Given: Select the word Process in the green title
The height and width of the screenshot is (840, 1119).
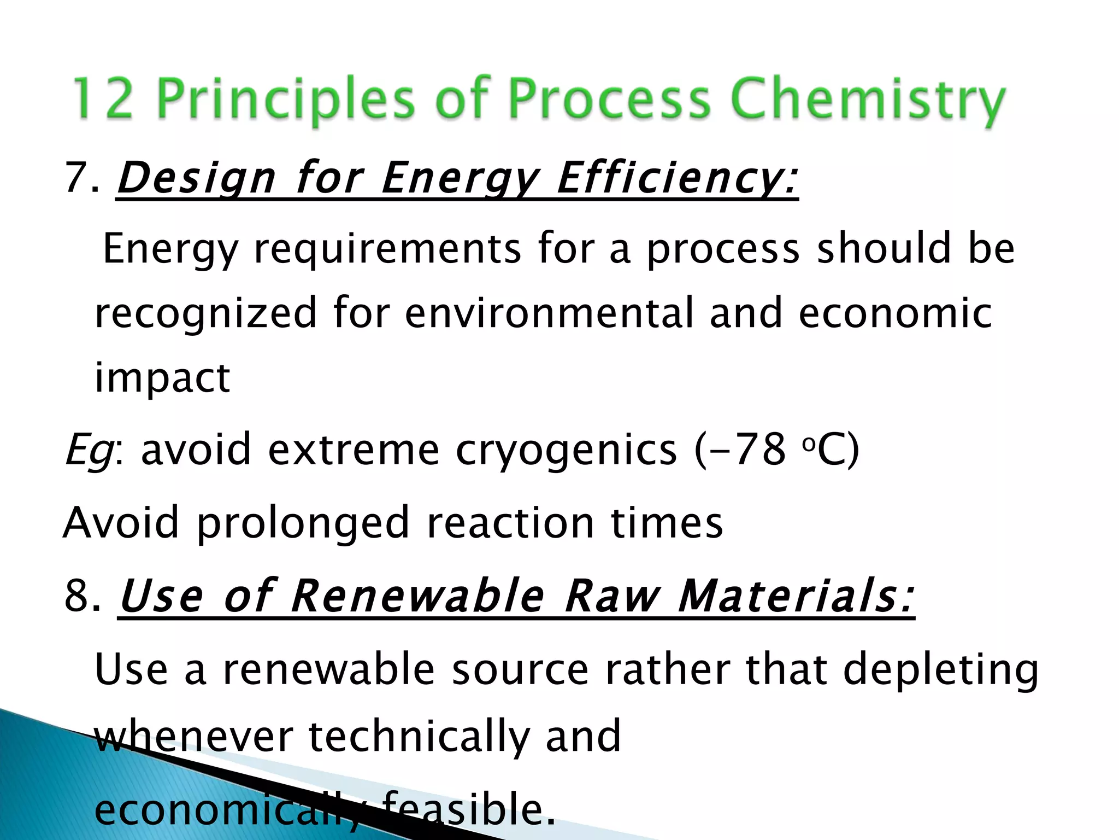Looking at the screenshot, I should [x=610, y=100].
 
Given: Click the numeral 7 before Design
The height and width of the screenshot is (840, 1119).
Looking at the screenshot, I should [x=76, y=178].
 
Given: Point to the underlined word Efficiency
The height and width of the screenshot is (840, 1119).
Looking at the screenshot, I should [x=678, y=179].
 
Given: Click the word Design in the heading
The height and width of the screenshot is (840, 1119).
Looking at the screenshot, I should [x=197, y=179].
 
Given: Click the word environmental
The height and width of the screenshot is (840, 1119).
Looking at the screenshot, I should [x=549, y=313].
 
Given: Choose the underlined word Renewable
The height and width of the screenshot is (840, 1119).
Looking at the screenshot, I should [x=418, y=596].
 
